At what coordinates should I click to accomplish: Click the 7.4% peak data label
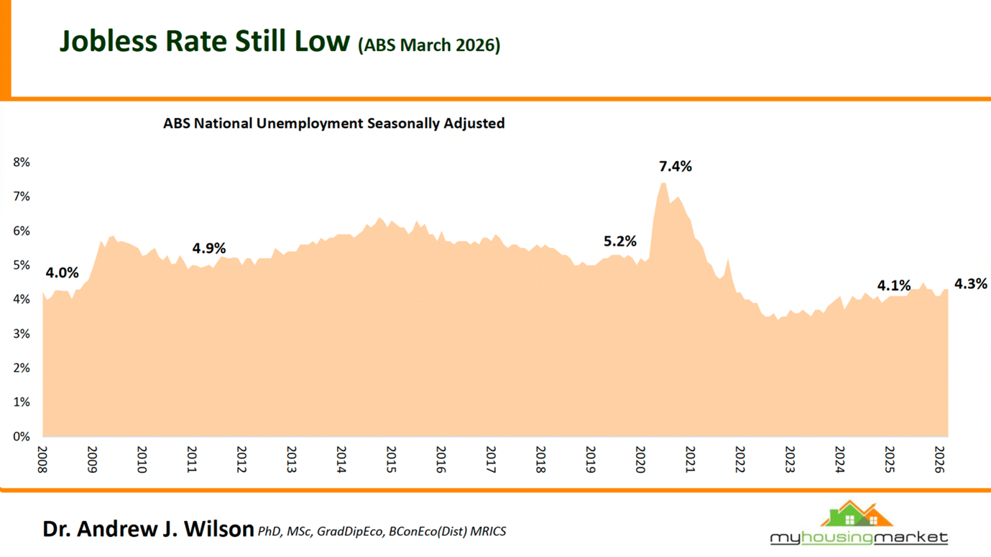tap(675, 167)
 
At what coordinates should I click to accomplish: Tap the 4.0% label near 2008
tap(62, 273)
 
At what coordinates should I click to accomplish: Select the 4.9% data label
tap(208, 249)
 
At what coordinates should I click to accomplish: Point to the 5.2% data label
tap(619, 241)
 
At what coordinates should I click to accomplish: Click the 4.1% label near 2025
tap(893, 285)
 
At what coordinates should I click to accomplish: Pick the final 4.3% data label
tap(970, 284)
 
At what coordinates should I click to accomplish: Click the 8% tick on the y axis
tap(22, 162)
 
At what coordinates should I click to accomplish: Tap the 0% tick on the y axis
tap(22, 436)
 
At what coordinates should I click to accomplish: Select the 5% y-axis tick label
tap(22, 265)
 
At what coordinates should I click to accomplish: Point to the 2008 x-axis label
tap(42, 459)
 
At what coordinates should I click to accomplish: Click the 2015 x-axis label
tap(391, 459)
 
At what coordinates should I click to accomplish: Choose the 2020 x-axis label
tap(640, 459)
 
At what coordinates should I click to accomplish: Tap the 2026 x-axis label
tap(939, 459)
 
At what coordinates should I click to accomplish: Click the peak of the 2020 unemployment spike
tap(663, 184)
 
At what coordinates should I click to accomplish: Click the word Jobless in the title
tap(108, 42)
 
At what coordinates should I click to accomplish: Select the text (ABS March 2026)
tap(429, 45)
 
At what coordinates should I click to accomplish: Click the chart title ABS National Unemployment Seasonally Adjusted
tap(333, 124)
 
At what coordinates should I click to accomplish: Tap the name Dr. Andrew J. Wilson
tap(148, 530)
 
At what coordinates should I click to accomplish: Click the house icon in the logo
tap(857, 515)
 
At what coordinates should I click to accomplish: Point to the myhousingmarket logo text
tap(859, 538)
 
